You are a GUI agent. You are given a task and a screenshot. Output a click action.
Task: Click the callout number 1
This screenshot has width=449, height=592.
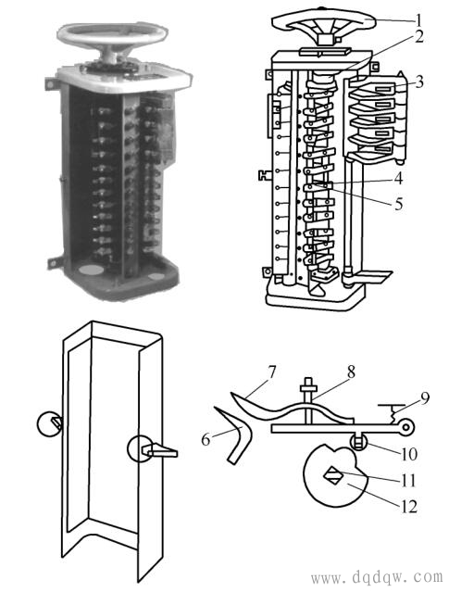click(x=418, y=19)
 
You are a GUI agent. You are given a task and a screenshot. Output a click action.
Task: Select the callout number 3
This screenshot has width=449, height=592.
click(x=419, y=82)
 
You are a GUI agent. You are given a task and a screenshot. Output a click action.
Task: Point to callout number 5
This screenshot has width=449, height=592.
click(x=399, y=204)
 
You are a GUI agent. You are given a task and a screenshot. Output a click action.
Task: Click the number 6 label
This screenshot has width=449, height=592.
click(x=206, y=439)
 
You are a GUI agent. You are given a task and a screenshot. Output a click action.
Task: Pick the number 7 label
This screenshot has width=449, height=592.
click(x=271, y=372)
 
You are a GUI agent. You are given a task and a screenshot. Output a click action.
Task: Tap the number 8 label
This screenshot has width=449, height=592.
click(x=351, y=372)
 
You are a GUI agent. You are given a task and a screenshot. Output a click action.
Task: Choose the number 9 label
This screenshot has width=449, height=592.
click(x=425, y=398)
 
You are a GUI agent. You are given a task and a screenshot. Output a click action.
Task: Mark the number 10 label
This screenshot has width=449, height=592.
click(x=408, y=454)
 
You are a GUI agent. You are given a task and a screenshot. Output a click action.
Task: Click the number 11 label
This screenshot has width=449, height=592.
click(x=407, y=481)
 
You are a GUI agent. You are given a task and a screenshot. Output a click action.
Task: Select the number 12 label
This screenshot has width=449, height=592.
click(x=409, y=506)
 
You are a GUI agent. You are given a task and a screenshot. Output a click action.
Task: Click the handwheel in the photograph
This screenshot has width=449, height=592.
click(x=112, y=32)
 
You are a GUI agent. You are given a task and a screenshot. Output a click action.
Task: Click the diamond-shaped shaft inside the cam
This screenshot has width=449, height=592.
click(x=333, y=475)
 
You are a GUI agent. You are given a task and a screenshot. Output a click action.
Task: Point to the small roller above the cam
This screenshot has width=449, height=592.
click(x=358, y=441)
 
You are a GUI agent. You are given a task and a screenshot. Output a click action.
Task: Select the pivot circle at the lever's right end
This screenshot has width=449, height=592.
click(x=406, y=427)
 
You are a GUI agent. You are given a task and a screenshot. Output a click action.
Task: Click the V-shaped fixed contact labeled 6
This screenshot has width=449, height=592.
click(x=236, y=435)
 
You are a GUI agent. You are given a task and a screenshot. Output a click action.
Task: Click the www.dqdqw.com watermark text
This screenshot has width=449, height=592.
click(x=377, y=576)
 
